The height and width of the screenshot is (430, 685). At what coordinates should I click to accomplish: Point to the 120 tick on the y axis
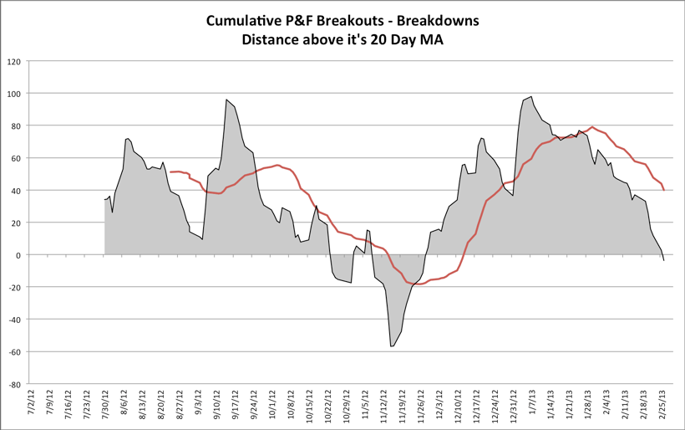tap(14, 61)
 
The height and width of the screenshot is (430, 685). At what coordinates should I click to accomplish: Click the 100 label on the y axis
tap(14, 93)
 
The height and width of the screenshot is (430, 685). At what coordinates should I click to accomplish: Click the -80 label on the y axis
tap(15, 385)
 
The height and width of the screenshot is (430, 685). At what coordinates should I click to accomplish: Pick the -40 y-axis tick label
tap(15, 320)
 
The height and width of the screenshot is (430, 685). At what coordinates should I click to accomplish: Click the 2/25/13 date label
tap(662, 405)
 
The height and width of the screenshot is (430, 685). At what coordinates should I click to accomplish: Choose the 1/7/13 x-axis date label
tap(531, 405)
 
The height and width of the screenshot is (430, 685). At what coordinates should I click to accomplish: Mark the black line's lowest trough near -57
tap(392, 346)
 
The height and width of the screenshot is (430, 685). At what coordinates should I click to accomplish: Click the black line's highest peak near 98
tap(531, 96)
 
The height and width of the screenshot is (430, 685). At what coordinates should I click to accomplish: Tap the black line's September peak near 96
tap(226, 100)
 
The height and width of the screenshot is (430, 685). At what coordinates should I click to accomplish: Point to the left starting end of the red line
tap(170, 171)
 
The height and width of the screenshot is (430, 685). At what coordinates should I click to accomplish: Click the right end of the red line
tap(663, 190)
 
